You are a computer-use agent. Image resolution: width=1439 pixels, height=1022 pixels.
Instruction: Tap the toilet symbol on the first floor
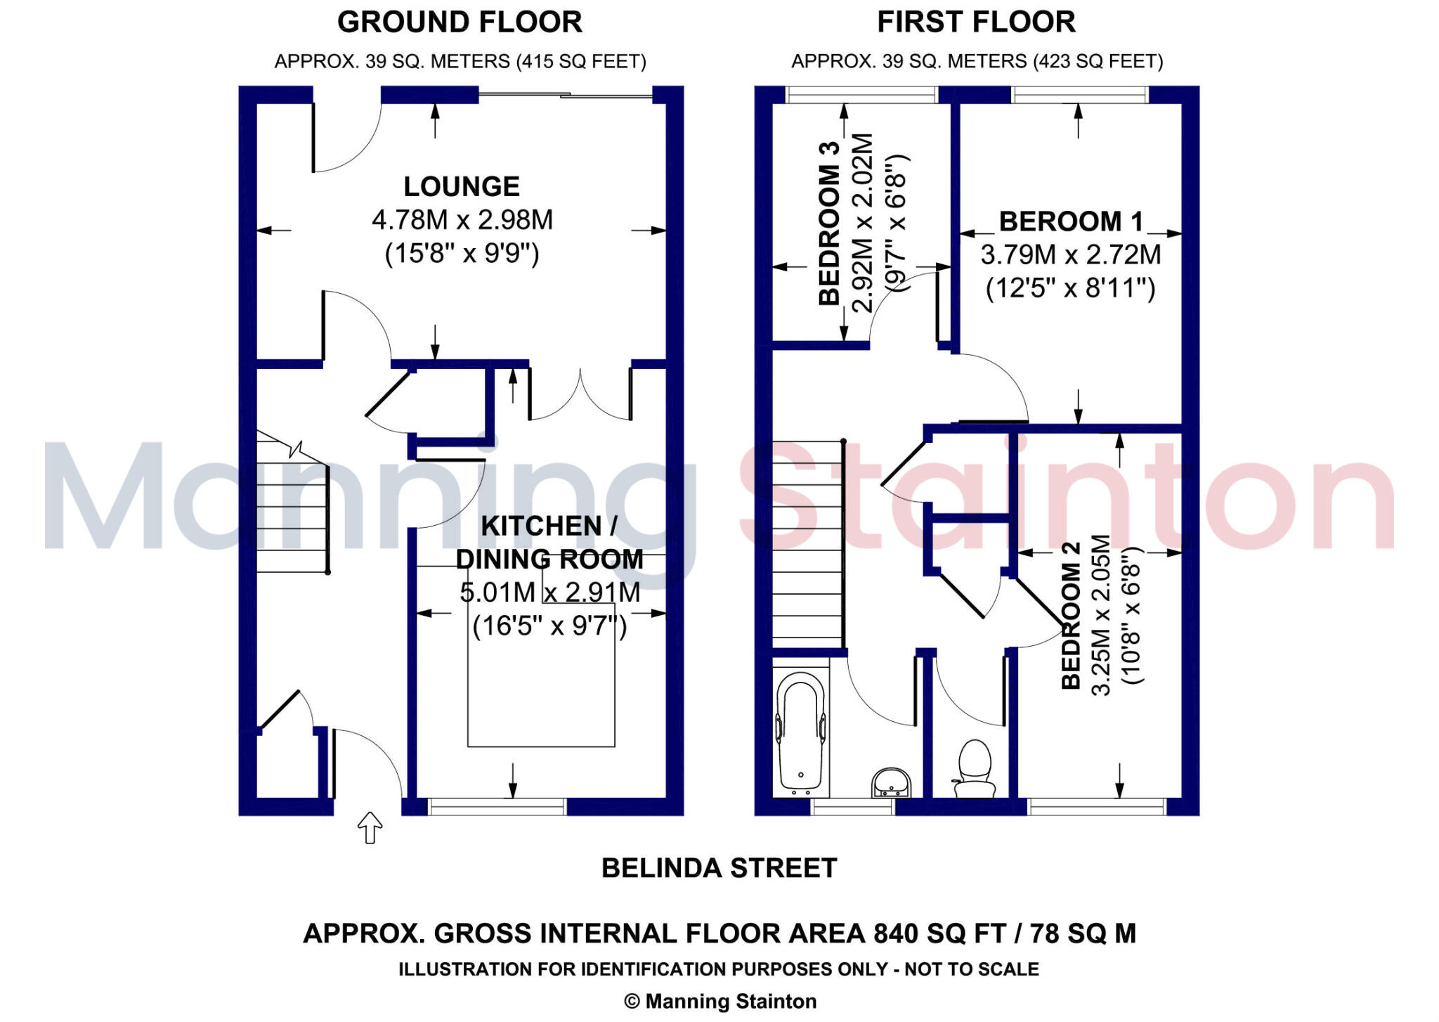point(975,768)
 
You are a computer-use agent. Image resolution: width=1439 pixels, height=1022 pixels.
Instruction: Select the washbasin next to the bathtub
point(890,782)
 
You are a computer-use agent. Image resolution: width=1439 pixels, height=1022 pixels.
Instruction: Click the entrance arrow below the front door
point(370,827)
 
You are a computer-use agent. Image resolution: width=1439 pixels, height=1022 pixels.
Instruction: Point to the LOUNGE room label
point(462,186)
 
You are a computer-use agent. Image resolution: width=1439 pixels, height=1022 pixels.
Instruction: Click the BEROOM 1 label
point(1070,221)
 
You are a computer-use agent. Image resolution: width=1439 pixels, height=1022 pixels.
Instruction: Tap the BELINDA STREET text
point(719,868)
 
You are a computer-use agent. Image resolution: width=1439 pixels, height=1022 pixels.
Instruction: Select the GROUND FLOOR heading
point(460,22)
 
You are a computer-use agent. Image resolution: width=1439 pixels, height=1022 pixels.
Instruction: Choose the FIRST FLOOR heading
point(976,22)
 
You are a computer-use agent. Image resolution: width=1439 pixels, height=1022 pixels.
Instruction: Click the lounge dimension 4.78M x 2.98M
point(462,220)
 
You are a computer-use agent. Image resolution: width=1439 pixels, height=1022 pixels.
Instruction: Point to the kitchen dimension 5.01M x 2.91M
point(549,593)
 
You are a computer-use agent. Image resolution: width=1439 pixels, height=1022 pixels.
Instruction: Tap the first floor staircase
point(807,545)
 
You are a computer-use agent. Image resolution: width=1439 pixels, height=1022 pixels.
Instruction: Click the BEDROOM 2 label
point(1069,616)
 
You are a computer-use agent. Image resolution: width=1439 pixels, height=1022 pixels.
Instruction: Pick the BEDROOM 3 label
point(829,224)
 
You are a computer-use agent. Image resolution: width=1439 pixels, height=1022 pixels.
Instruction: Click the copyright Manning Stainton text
point(720,1001)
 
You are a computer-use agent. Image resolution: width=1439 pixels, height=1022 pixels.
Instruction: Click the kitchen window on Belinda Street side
point(497,806)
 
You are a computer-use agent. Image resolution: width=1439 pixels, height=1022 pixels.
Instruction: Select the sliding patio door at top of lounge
point(566,94)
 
